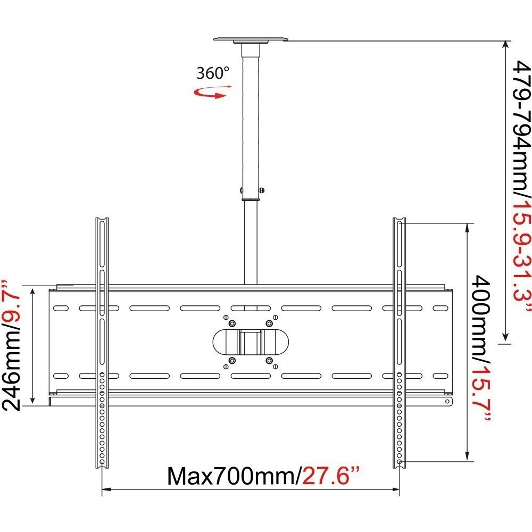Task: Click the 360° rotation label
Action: point(213,73)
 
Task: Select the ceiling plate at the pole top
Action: point(251,40)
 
